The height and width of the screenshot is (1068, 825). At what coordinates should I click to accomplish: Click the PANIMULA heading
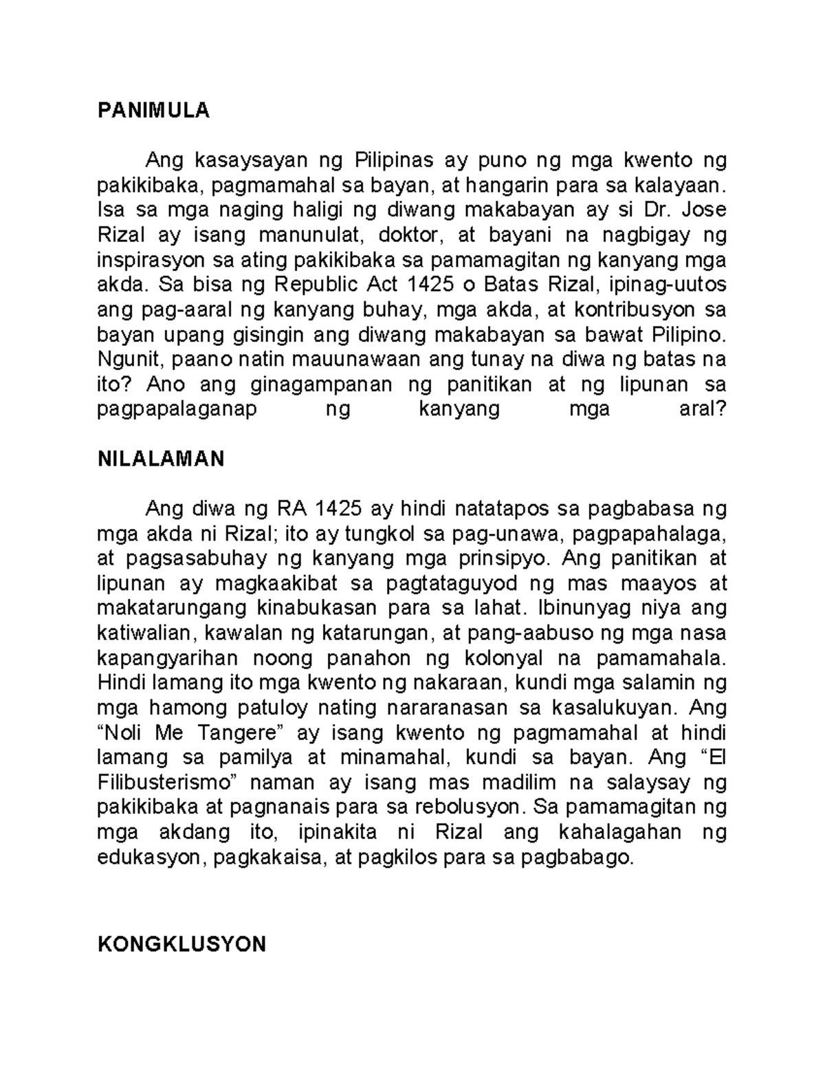(153, 111)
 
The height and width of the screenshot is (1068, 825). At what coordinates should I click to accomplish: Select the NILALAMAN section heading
(161, 459)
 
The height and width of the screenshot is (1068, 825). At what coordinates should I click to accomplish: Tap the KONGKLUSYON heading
(181, 944)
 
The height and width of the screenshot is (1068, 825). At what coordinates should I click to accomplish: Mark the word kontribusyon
(631, 310)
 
